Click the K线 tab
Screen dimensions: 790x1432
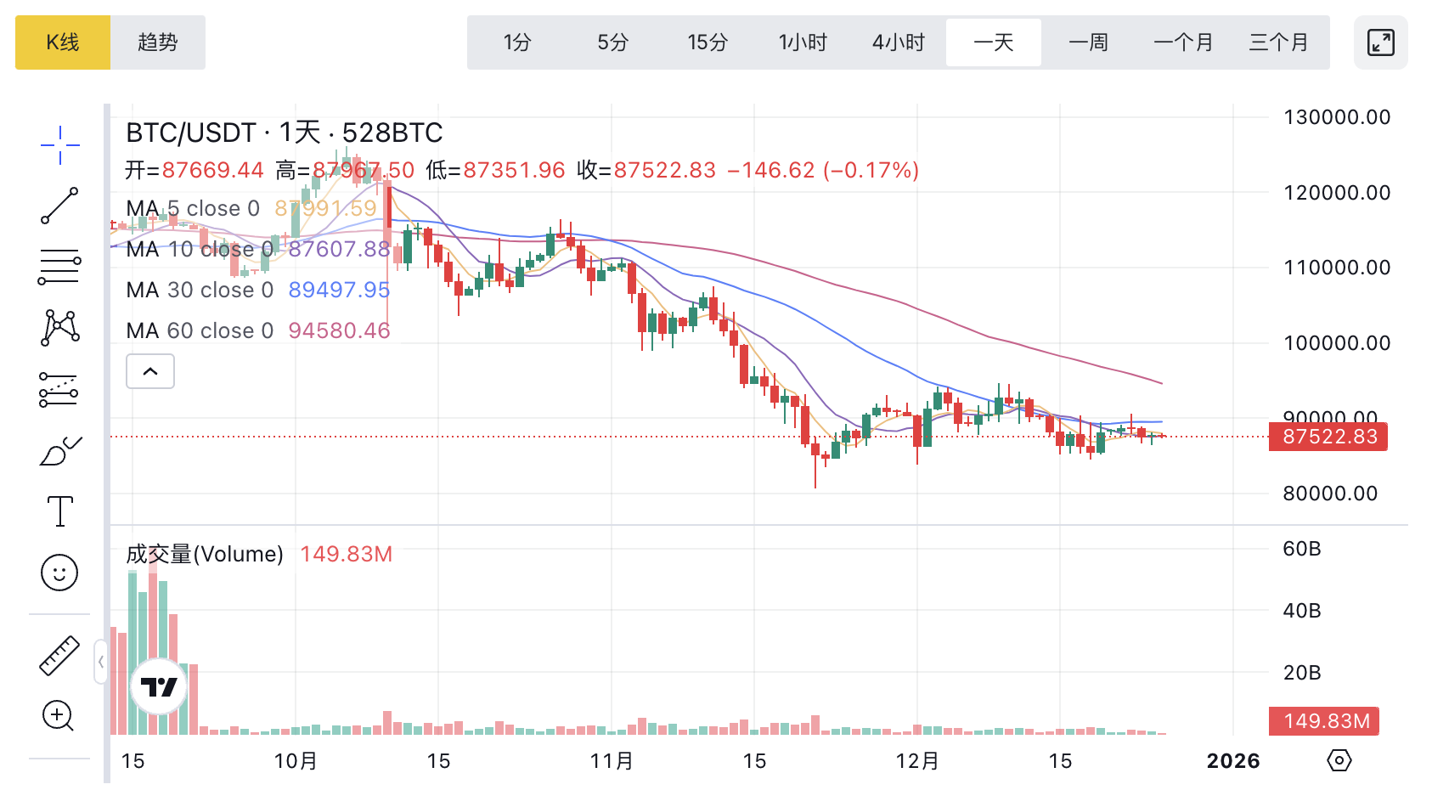tap(63, 42)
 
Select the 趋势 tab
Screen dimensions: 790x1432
tap(158, 42)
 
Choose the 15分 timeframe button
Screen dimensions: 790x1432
tap(708, 42)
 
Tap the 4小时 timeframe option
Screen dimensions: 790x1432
tap(898, 42)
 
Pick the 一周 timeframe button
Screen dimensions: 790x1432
tap(1088, 42)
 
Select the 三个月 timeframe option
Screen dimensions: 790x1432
tap(1278, 42)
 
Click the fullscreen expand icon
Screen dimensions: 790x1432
tap(1380, 42)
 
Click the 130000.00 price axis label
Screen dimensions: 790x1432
tap(1337, 117)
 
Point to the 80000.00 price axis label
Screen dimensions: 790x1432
tap(1330, 494)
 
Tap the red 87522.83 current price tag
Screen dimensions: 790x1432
tap(1329, 437)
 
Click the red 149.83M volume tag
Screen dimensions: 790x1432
tap(1326, 721)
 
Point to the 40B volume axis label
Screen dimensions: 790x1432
tap(1302, 611)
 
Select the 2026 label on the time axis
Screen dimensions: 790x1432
tap(1233, 761)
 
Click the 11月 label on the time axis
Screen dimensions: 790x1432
tap(612, 761)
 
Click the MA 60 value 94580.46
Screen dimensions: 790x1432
tap(339, 330)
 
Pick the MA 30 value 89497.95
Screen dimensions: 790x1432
tap(339, 290)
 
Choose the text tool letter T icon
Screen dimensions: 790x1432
tap(59, 511)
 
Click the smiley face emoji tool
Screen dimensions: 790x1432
tap(59, 573)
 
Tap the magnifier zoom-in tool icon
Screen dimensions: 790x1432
tap(59, 716)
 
